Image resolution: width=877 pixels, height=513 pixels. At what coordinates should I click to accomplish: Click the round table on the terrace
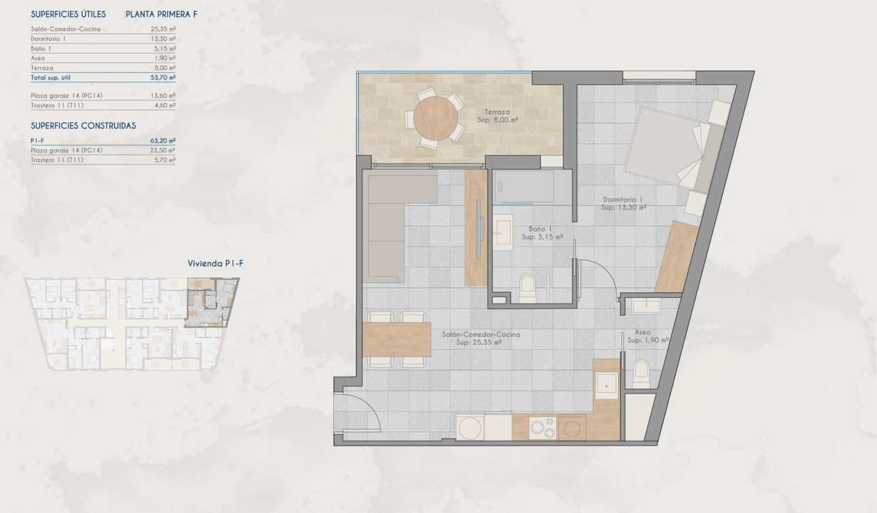point(436,118)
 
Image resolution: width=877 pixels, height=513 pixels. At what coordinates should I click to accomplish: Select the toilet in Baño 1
point(528,288)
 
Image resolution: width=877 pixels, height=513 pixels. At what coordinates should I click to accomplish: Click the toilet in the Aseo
point(640,374)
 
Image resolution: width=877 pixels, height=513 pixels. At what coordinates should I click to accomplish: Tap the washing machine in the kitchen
point(468,428)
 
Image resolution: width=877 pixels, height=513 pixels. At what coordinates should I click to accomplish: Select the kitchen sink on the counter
point(606,385)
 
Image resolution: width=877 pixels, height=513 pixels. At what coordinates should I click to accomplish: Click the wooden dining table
point(397,338)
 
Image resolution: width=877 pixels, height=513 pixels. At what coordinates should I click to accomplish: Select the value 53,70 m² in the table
point(163,78)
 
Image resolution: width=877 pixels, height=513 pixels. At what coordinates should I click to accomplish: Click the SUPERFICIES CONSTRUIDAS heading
point(84,126)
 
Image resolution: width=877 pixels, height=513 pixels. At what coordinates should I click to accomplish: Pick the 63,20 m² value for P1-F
point(163,141)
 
